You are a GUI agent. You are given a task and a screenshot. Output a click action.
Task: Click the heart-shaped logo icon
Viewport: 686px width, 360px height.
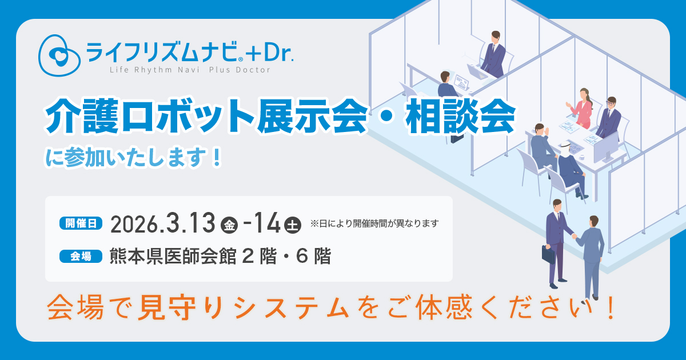point(59,55)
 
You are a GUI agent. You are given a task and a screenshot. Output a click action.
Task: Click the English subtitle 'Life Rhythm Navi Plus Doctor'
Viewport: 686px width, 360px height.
point(190,70)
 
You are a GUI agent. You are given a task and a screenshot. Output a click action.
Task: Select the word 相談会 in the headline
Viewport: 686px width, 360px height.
point(461,117)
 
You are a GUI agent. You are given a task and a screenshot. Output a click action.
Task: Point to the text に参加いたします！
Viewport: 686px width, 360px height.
point(134,158)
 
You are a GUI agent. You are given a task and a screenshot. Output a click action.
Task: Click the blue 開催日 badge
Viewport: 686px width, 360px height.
point(81,223)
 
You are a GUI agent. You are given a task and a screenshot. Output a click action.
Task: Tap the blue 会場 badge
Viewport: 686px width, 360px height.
point(81,256)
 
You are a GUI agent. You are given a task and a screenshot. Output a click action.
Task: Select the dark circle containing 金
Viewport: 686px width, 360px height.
point(229,225)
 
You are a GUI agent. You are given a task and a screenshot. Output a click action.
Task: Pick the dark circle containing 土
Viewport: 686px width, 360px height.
point(293,225)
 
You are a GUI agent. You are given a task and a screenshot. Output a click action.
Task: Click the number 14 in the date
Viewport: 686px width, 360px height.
point(266,223)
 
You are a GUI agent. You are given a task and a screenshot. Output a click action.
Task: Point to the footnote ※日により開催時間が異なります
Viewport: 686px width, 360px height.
point(374,223)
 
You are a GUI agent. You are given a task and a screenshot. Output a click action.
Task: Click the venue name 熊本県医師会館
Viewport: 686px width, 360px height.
point(173,256)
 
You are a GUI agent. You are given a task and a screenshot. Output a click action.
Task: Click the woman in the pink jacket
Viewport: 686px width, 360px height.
point(580,108)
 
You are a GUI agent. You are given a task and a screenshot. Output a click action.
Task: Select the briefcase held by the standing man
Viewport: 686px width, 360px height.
point(548,254)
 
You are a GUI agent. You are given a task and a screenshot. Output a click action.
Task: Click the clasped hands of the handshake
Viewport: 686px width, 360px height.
point(574,237)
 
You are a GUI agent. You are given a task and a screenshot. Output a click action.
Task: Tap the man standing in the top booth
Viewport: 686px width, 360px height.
point(493,54)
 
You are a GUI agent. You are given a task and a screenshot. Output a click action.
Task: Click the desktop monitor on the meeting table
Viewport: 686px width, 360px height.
point(606,148)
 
